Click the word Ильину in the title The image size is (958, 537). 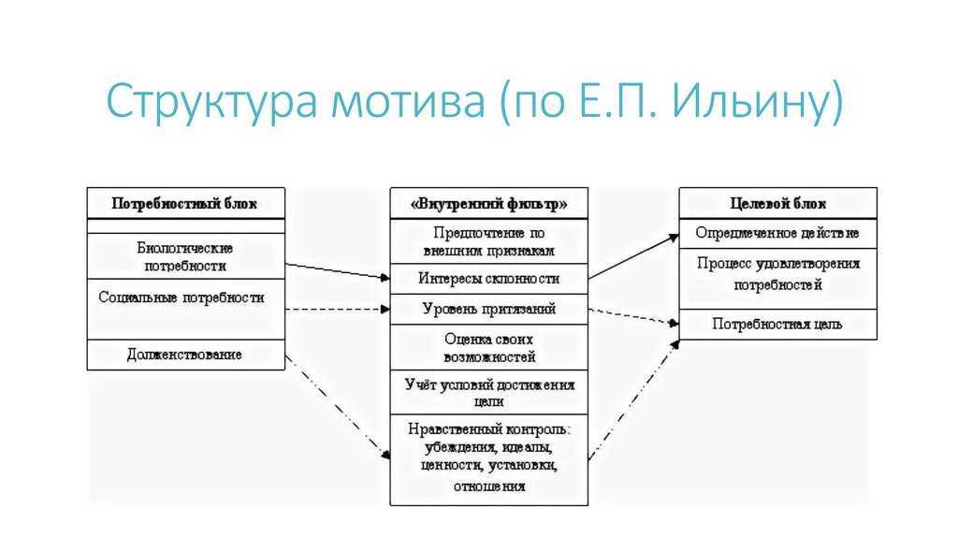click(756, 99)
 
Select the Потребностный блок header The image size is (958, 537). click(186, 203)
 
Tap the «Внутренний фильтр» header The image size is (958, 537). click(488, 203)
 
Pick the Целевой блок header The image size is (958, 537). click(777, 203)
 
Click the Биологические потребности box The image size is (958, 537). click(186, 256)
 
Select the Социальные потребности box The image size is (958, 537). click(186, 309)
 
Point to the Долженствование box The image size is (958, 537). click(186, 355)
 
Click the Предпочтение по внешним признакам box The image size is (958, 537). click(488, 241)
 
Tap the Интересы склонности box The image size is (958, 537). click(488, 279)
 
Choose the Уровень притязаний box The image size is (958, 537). click(488, 309)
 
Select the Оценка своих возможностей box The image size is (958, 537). click(488, 347)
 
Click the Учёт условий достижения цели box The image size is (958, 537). click(488, 393)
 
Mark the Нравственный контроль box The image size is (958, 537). click(488, 460)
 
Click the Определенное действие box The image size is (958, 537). click(777, 233)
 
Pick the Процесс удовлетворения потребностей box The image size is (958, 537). click(777, 279)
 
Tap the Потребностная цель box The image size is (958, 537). click(777, 325)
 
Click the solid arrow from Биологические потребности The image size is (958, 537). click(338, 271)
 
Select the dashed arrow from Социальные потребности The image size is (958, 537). click(338, 309)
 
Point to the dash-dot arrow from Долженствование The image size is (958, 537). click(338, 407)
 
